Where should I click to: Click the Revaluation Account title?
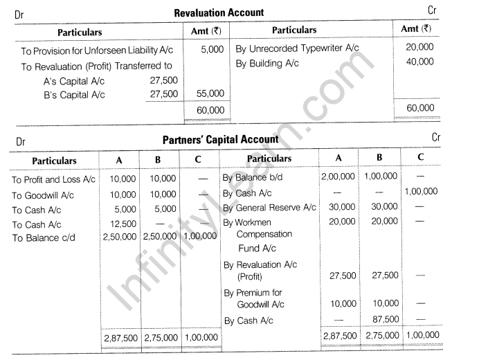click(x=219, y=12)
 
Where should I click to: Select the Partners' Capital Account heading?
click(x=220, y=139)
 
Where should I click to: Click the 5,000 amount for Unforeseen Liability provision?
click(x=213, y=49)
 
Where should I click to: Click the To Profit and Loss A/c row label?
click(x=53, y=179)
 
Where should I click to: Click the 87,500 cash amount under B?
click(x=385, y=319)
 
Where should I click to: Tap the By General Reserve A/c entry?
click(x=269, y=208)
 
